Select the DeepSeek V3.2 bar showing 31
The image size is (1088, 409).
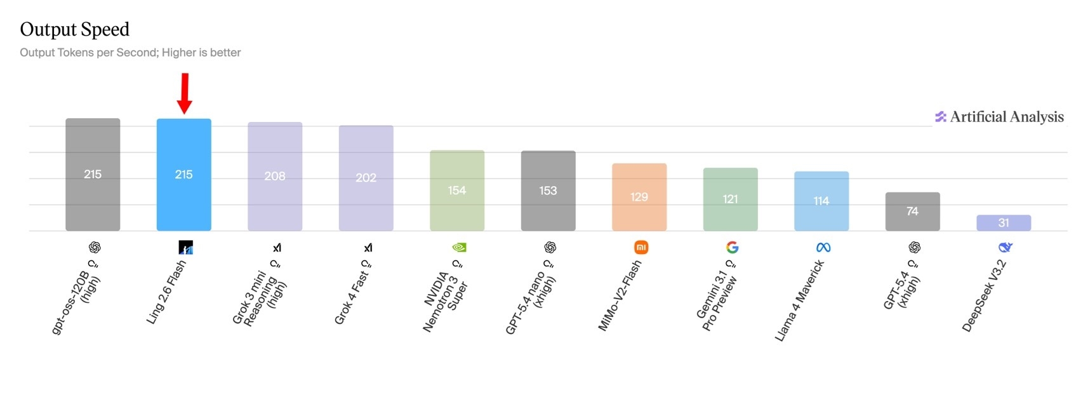point(1004,223)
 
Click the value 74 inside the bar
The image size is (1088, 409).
point(912,211)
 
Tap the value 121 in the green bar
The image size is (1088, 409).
point(731,199)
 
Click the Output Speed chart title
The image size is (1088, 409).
point(75,30)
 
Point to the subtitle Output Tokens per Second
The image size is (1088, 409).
point(130,53)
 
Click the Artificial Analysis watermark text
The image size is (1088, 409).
point(1007,117)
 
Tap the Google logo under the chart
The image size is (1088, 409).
point(733,247)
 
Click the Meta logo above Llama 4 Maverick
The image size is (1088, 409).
point(823,247)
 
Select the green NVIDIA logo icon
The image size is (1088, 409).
point(459,247)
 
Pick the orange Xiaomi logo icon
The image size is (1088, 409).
point(641,247)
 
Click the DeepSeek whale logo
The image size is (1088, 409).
point(1005,247)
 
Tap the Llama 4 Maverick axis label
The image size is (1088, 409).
point(800,300)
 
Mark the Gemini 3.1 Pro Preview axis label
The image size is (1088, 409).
point(717,296)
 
